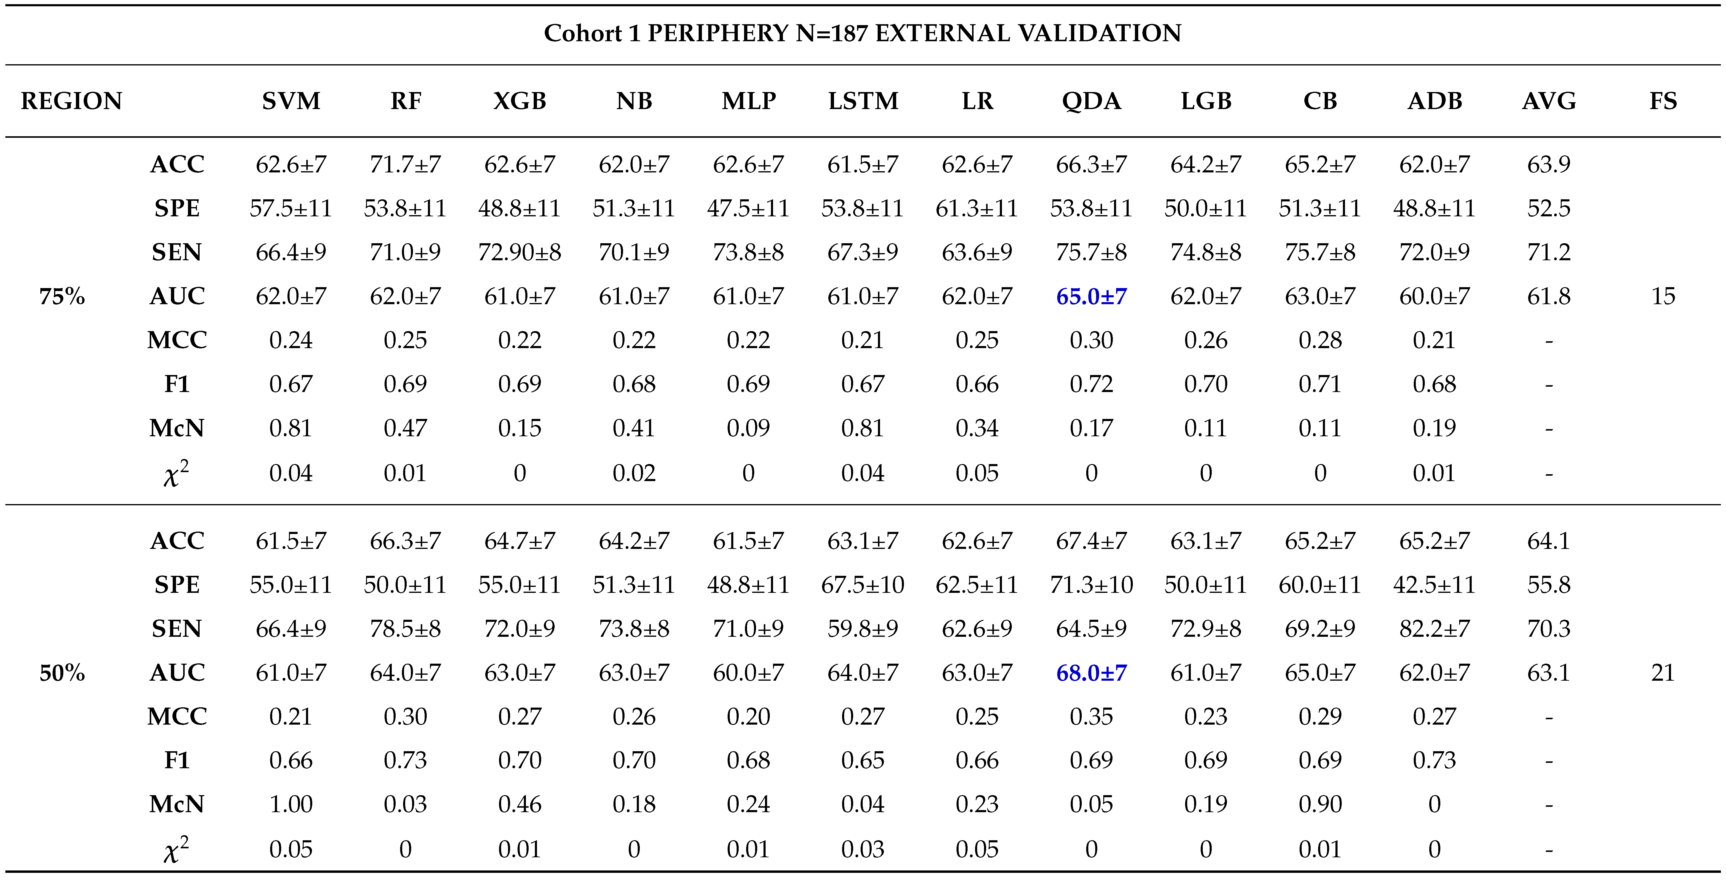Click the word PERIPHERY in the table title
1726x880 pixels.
717,33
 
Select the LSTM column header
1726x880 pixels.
863,101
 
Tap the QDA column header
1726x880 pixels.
1092,101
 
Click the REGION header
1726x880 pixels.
72,101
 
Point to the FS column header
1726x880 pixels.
1663,101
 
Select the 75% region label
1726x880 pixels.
62,296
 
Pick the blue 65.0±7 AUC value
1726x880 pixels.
1092,296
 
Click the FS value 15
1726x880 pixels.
1663,296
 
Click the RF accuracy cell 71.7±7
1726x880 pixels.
406,164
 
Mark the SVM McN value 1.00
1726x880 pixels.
291,804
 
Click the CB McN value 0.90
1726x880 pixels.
1320,804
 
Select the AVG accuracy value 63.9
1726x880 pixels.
1548,164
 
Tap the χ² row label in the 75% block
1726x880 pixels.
176,473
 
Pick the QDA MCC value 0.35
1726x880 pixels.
1092,717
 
